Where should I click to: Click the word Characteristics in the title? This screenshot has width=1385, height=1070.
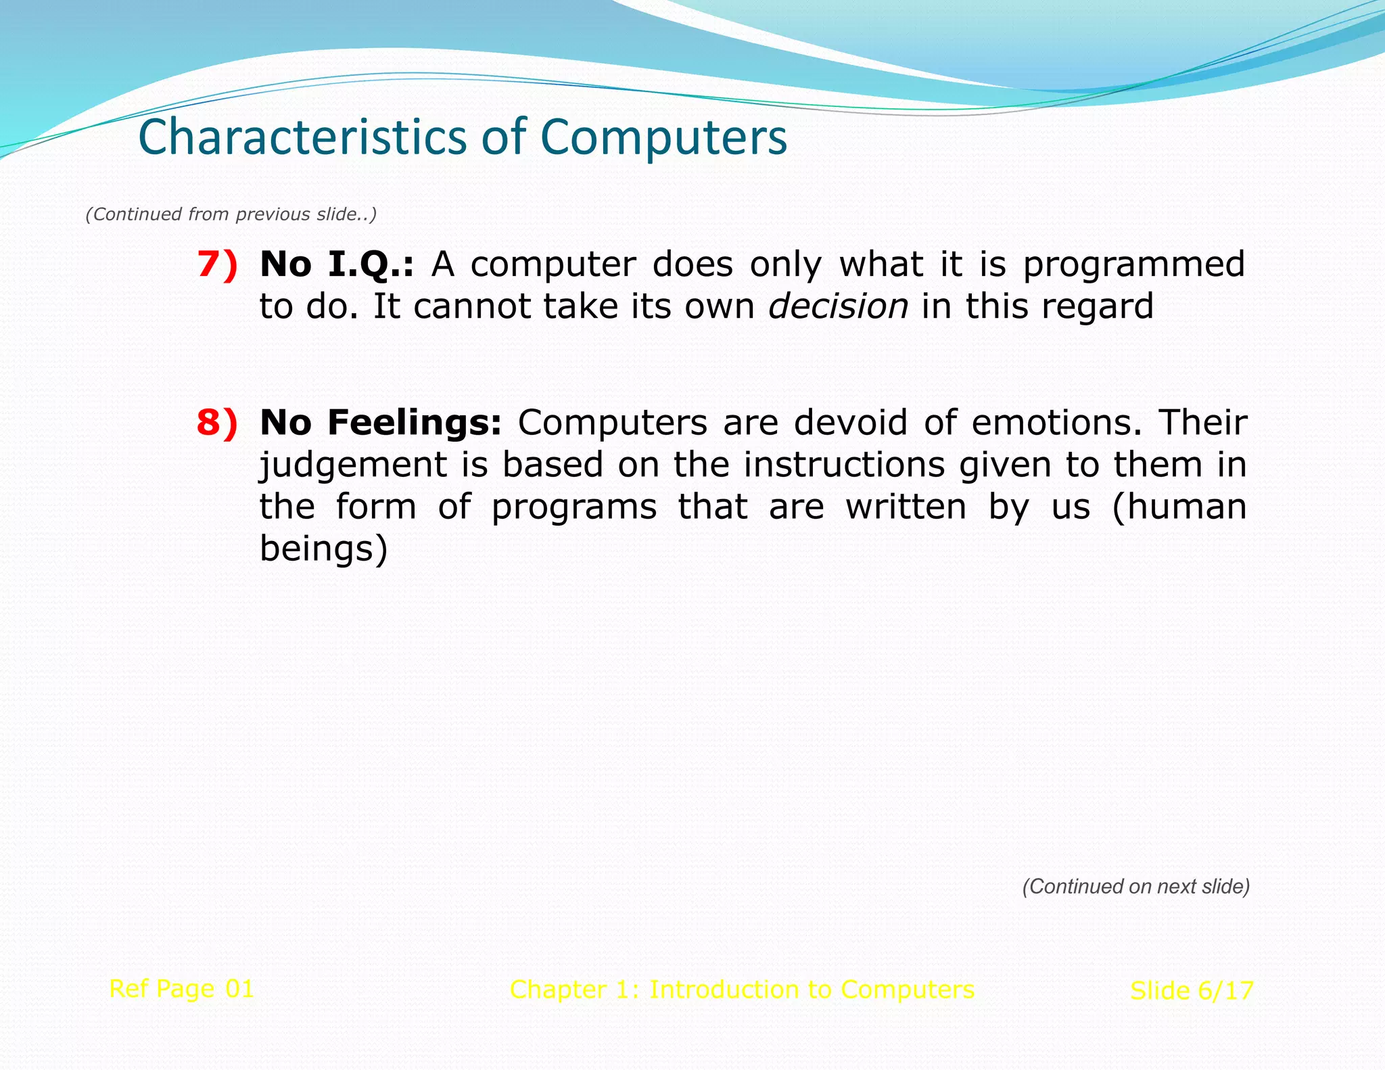302,137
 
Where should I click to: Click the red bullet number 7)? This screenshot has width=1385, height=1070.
217,264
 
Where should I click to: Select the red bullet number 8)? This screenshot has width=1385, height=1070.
217,422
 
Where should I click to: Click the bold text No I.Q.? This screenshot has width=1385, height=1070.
336,264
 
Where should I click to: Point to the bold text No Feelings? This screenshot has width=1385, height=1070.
380,422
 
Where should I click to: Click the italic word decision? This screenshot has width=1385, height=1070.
838,306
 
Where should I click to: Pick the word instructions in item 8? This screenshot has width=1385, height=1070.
844,465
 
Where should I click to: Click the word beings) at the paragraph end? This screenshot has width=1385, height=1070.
323,549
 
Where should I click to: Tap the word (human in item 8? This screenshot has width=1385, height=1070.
1179,507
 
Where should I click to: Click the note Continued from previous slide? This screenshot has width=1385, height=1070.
231,214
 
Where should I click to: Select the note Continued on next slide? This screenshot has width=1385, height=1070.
1135,887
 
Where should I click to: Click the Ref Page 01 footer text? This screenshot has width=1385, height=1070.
181,989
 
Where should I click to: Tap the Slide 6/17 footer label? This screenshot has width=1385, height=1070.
1192,991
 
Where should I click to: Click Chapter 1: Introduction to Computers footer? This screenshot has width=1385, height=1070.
742,990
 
